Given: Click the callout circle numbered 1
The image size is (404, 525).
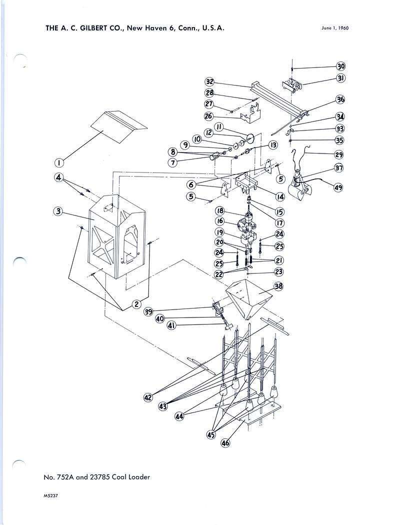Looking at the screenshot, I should point(58,162).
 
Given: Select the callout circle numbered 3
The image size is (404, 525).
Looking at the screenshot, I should point(58,211).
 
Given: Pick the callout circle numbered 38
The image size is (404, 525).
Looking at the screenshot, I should point(278,286).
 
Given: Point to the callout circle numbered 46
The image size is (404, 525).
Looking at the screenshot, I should point(226,442).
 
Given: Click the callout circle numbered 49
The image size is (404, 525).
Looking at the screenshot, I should point(339,187).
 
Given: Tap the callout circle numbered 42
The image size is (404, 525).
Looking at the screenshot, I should point(148,397).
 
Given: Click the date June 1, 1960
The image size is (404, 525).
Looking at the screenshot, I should point(334,28).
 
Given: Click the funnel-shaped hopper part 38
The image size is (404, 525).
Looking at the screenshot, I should point(248,298).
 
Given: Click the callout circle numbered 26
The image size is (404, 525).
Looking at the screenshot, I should point(208,116).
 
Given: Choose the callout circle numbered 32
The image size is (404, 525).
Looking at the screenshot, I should point(210,82).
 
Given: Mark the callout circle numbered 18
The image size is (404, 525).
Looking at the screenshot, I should point(219,211).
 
